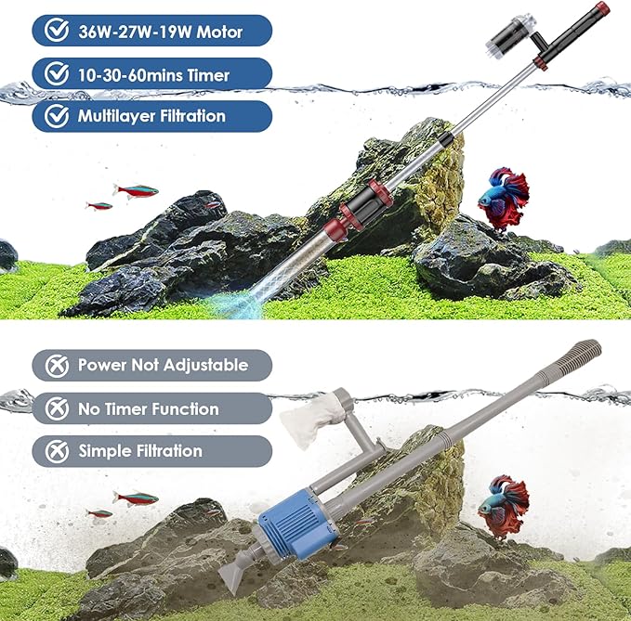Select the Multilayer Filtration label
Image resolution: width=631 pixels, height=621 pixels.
point(152,116)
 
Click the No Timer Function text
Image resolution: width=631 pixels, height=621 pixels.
point(149,408)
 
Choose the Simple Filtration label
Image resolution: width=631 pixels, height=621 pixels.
point(140,451)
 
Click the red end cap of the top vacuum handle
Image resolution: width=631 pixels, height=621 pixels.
point(602,10)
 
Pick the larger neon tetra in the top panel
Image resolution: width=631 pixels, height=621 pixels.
point(136,190)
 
